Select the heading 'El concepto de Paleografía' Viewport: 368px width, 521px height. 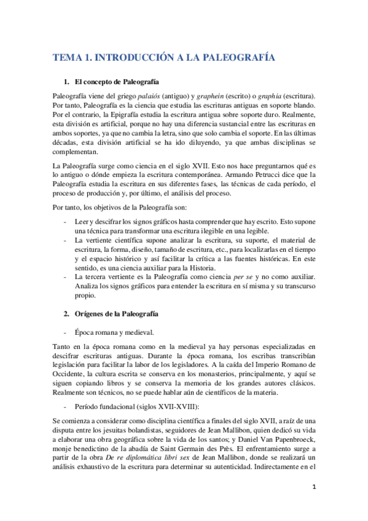click(116, 82)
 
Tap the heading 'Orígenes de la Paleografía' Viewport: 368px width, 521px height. click(116, 314)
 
